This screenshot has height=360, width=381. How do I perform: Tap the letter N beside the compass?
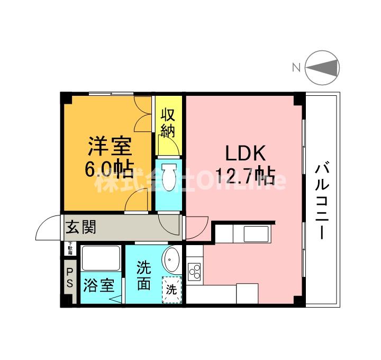click(x=296, y=67)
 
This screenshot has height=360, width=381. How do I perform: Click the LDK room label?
click(x=245, y=154)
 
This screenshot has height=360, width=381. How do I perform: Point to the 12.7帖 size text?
click(x=244, y=174)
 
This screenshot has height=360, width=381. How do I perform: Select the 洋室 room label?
click(x=110, y=146)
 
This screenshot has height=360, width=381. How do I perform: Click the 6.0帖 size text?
click(x=110, y=168)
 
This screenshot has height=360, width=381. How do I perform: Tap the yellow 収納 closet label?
click(x=168, y=123)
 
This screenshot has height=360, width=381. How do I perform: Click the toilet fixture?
click(x=169, y=178)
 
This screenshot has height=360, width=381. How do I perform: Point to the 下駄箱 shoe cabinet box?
click(x=70, y=247)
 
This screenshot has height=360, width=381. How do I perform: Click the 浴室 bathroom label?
click(x=98, y=286)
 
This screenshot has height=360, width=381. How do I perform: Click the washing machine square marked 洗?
click(x=171, y=289)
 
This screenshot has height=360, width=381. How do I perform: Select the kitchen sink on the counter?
click(x=256, y=233)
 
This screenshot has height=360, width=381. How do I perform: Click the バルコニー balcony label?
click(x=321, y=201)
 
